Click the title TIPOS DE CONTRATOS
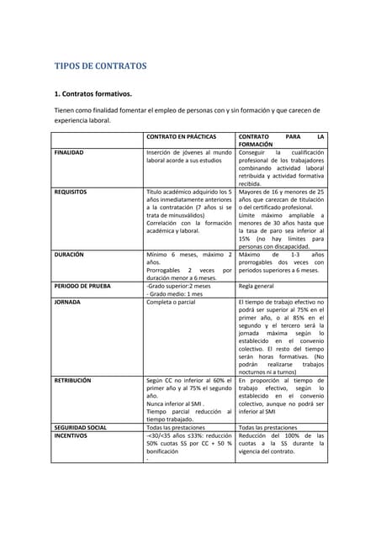pyautogui.click(x=100, y=66)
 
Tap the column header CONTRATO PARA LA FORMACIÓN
pyautogui.click(x=281, y=140)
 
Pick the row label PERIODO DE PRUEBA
pyautogui.click(x=82, y=286)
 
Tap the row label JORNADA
pyautogui.click(x=67, y=301)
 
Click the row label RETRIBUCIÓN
pyautogui.click(x=72, y=381)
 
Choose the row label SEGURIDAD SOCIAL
pyautogui.click(x=81, y=427)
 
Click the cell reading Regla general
pyautogui.click(x=260, y=286)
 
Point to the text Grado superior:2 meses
pyautogui.click(x=179, y=286)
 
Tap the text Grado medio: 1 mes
pyautogui.click(x=175, y=293)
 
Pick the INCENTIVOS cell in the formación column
pyautogui.click(x=281, y=444)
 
